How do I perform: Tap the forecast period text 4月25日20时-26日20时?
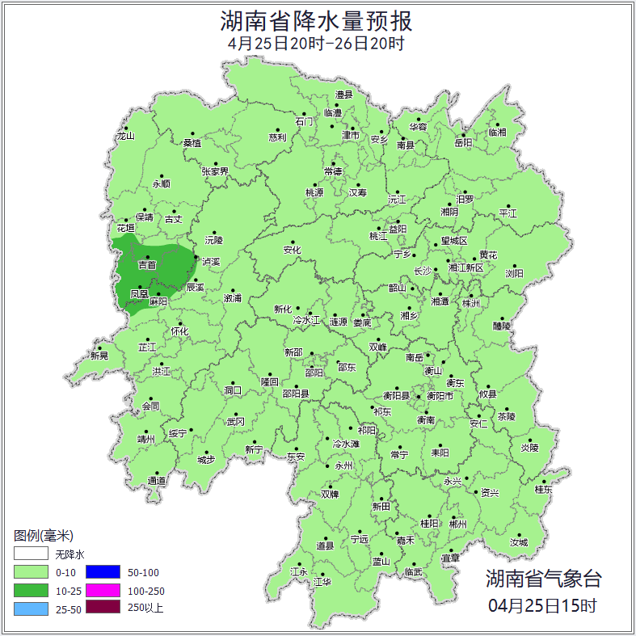[317, 44]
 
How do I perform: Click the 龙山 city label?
[125, 136]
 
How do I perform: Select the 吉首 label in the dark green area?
[147, 265]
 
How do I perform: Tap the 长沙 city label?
[422, 271]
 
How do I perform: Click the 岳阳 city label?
[462, 143]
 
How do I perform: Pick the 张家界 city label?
[215, 171]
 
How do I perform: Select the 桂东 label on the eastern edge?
[543, 489]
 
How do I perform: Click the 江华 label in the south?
[322, 581]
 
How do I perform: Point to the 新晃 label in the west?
[99, 356]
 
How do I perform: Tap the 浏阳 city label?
[514, 273]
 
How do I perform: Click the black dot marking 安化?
[293, 242]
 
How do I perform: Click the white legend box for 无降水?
[31, 554]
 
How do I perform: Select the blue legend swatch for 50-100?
[103, 572]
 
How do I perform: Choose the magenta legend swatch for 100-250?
[103, 590]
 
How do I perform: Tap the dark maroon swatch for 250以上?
[103, 608]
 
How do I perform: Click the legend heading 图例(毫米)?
[44, 536]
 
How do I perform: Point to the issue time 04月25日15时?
[543, 604]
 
